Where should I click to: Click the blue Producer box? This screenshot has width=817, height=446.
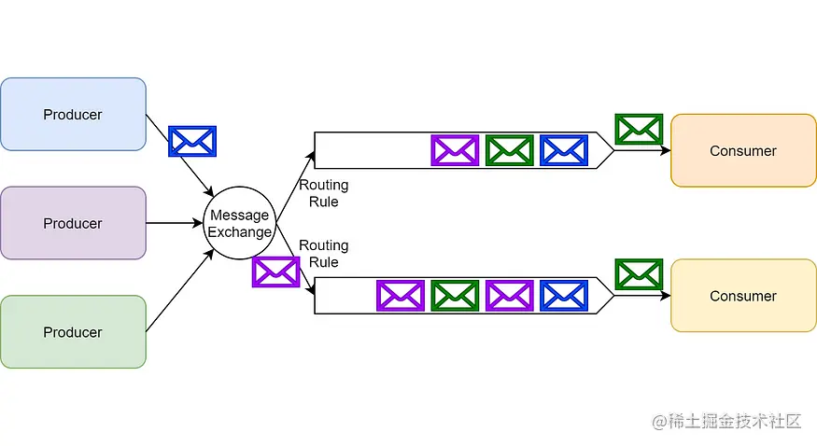[x=73, y=114]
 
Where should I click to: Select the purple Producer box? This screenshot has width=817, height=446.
[x=73, y=223]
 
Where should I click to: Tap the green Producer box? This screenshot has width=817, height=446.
[x=73, y=331]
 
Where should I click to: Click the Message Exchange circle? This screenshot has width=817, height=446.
[x=239, y=223]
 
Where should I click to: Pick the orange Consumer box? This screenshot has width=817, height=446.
[x=743, y=150]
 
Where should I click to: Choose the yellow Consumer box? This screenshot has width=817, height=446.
[x=743, y=296]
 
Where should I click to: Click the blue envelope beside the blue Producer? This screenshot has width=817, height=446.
[x=192, y=141]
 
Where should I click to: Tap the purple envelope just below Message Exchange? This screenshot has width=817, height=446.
[x=275, y=272]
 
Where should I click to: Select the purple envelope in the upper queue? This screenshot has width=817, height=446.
[x=455, y=150]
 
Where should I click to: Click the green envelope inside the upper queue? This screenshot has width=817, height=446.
[x=510, y=150]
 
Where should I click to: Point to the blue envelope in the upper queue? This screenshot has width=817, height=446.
[x=564, y=150]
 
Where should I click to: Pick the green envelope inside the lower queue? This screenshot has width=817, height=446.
[x=455, y=296]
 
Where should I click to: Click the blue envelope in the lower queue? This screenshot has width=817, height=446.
[x=564, y=296]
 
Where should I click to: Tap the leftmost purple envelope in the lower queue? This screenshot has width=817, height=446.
[x=401, y=296]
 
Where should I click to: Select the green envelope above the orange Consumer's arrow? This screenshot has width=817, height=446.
[x=639, y=129]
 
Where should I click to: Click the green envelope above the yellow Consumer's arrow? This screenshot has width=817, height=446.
[x=639, y=274]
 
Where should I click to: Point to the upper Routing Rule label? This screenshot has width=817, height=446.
[x=323, y=193]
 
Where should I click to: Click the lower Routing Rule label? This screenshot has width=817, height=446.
[x=323, y=253]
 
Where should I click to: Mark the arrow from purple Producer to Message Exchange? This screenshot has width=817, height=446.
[x=175, y=223]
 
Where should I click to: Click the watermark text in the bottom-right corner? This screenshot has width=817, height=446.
[x=726, y=421]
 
